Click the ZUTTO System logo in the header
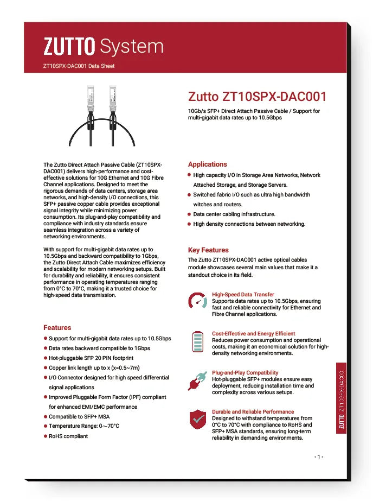click(103, 46)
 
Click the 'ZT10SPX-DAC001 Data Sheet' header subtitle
click(79, 66)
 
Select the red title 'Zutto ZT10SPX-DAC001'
click(257, 97)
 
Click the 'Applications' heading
click(208, 164)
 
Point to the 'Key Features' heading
click(208, 250)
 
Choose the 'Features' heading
click(57, 327)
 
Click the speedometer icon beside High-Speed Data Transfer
click(197, 301)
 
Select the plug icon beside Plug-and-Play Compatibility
click(197, 380)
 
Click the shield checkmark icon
click(197, 420)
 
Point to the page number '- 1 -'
click(319, 456)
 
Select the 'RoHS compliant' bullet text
click(68, 436)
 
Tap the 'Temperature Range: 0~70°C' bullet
click(84, 426)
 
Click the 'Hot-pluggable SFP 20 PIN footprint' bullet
click(91, 358)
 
